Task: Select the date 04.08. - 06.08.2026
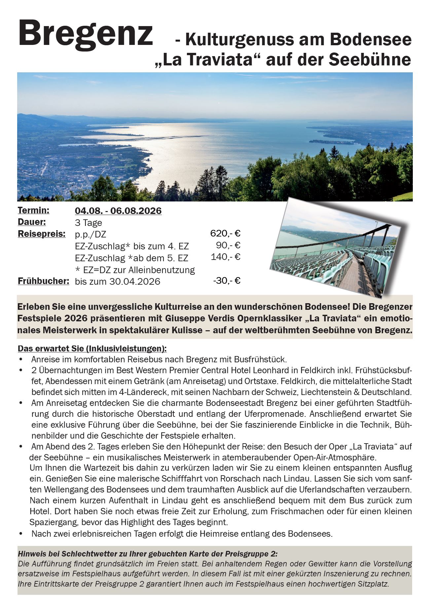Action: click(x=118, y=211)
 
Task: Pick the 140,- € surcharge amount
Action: click(x=226, y=257)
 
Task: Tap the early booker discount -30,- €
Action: click(x=227, y=281)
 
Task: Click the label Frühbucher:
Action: click(x=43, y=281)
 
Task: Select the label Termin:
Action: click(x=33, y=210)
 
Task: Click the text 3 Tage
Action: click(x=88, y=223)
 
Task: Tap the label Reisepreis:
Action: click(x=42, y=234)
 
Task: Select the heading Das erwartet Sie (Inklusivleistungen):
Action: click(x=92, y=349)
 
